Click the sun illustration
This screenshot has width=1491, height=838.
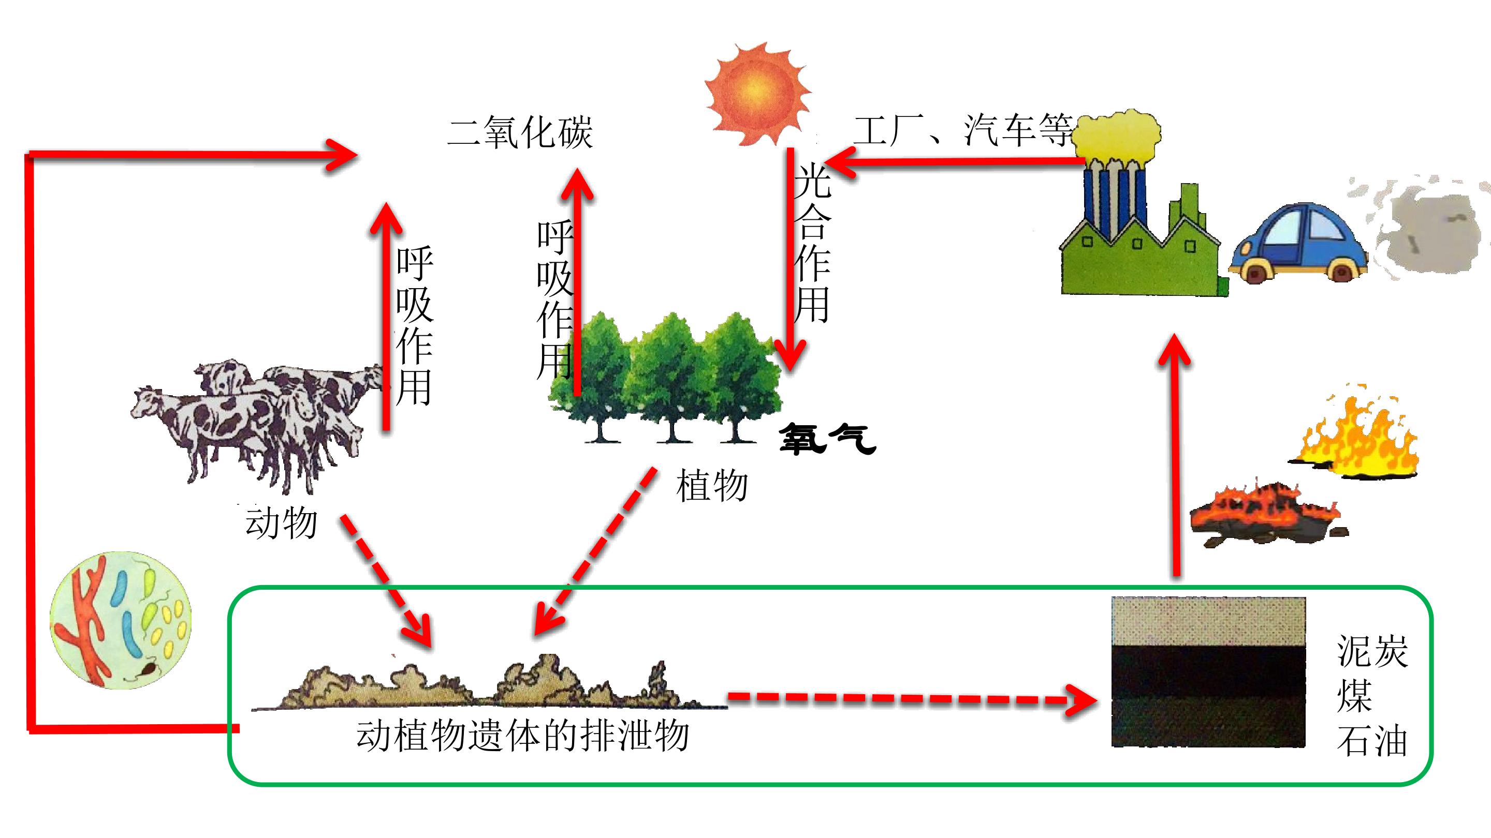tap(757, 94)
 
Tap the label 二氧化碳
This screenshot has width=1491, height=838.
tap(520, 132)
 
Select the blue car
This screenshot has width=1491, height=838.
tap(1298, 243)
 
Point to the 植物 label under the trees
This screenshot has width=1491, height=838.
tap(712, 486)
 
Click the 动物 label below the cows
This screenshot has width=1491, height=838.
tap(281, 523)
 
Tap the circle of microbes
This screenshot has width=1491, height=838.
tap(121, 620)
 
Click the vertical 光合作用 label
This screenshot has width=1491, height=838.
tap(812, 243)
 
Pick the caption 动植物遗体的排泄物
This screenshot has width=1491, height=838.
tap(523, 736)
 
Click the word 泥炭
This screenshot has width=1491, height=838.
tap(1372, 651)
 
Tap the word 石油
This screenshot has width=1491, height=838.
tap(1372, 741)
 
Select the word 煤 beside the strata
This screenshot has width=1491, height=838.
tap(1354, 696)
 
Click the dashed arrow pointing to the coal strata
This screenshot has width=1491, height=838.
tap(913, 700)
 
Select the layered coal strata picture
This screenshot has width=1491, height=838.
tap(1208, 671)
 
